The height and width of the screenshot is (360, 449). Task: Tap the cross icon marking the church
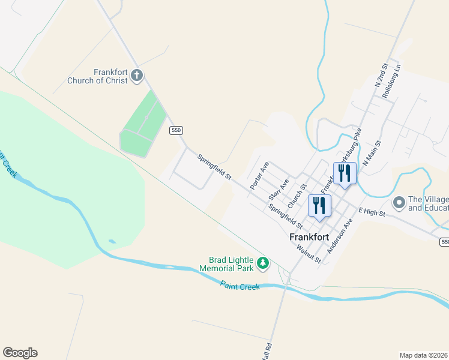point(137,76)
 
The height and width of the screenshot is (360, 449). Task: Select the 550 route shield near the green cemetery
point(175,130)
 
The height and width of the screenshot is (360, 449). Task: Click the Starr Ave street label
point(279,189)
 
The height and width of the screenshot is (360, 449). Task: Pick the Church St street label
point(297,196)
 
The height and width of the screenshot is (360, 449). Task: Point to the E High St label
point(372,211)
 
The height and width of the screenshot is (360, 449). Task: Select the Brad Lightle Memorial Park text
point(231,264)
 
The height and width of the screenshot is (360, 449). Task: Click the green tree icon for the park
point(262,263)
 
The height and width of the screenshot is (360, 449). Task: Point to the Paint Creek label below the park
point(240,286)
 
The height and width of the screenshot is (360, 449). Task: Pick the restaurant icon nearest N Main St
point(345,173)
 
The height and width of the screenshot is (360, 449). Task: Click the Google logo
point(20,353)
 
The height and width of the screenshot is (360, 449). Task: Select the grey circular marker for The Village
point(399,203)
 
